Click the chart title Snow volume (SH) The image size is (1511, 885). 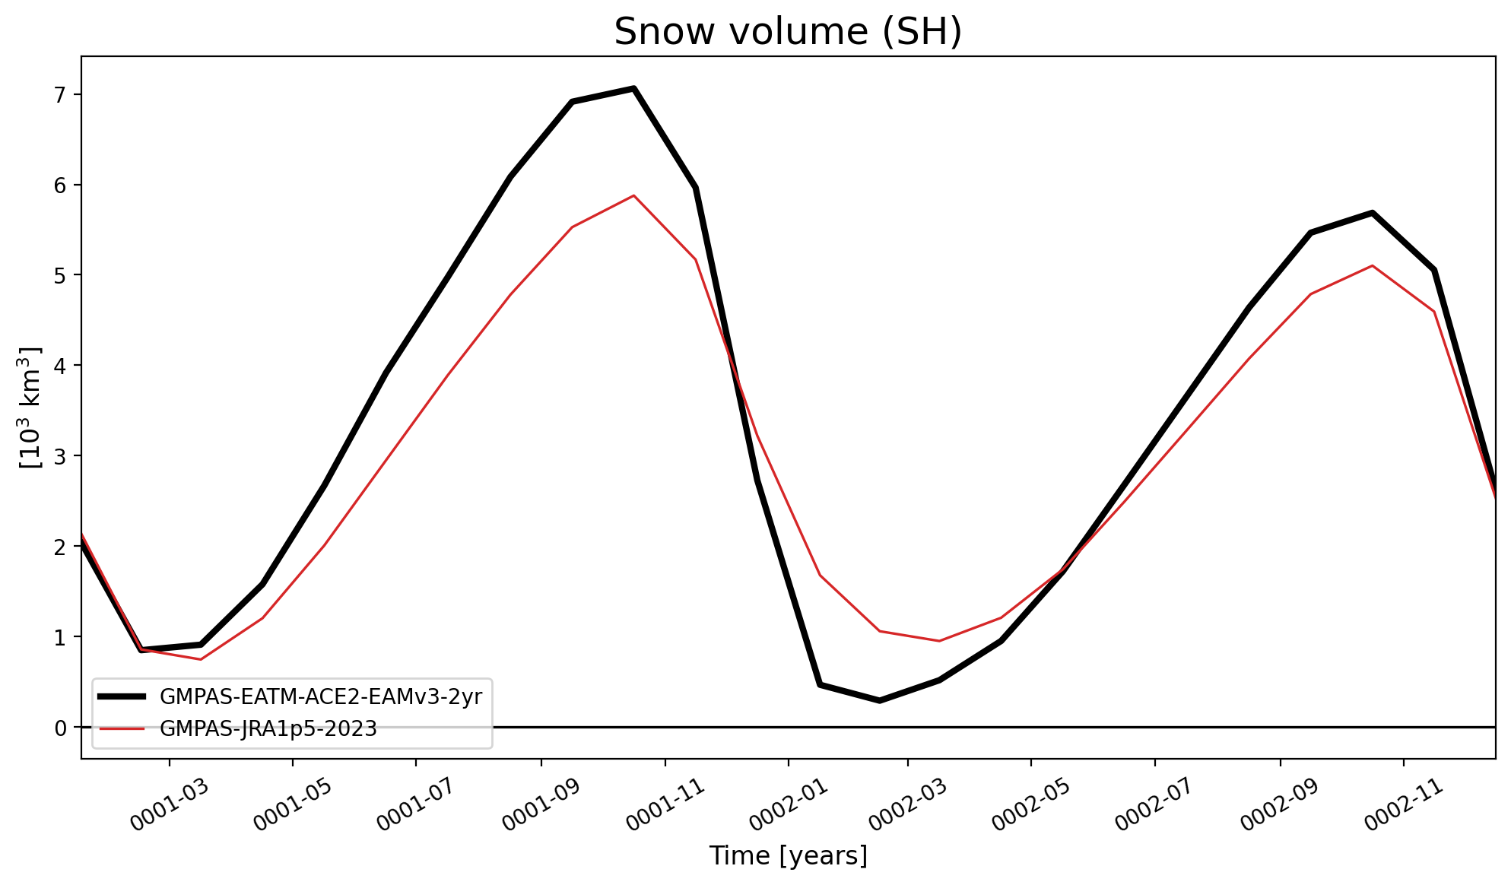pyautogui.click(x=788, y=32)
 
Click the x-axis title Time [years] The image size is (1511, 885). pyautogui.click(x=788, y=856)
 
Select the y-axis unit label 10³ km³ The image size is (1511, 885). pyautogui.click(x=31, y=408)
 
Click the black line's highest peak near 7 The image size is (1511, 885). pyautogui.click(x=633, y=88)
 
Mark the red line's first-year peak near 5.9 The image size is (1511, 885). pyautogui.click(x=633, y=195)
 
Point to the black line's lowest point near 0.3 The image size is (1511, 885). pyautogui.click(x=880, y=700)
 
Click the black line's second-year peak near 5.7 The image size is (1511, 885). pyautogui.click(x=1373, y=213)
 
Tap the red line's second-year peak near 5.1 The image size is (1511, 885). pyautogui.click(x=1373, y=265)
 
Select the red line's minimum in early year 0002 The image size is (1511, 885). pyautogui.click(x=940, y=641)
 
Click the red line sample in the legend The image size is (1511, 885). pyautogui.click(x=122, y=729)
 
